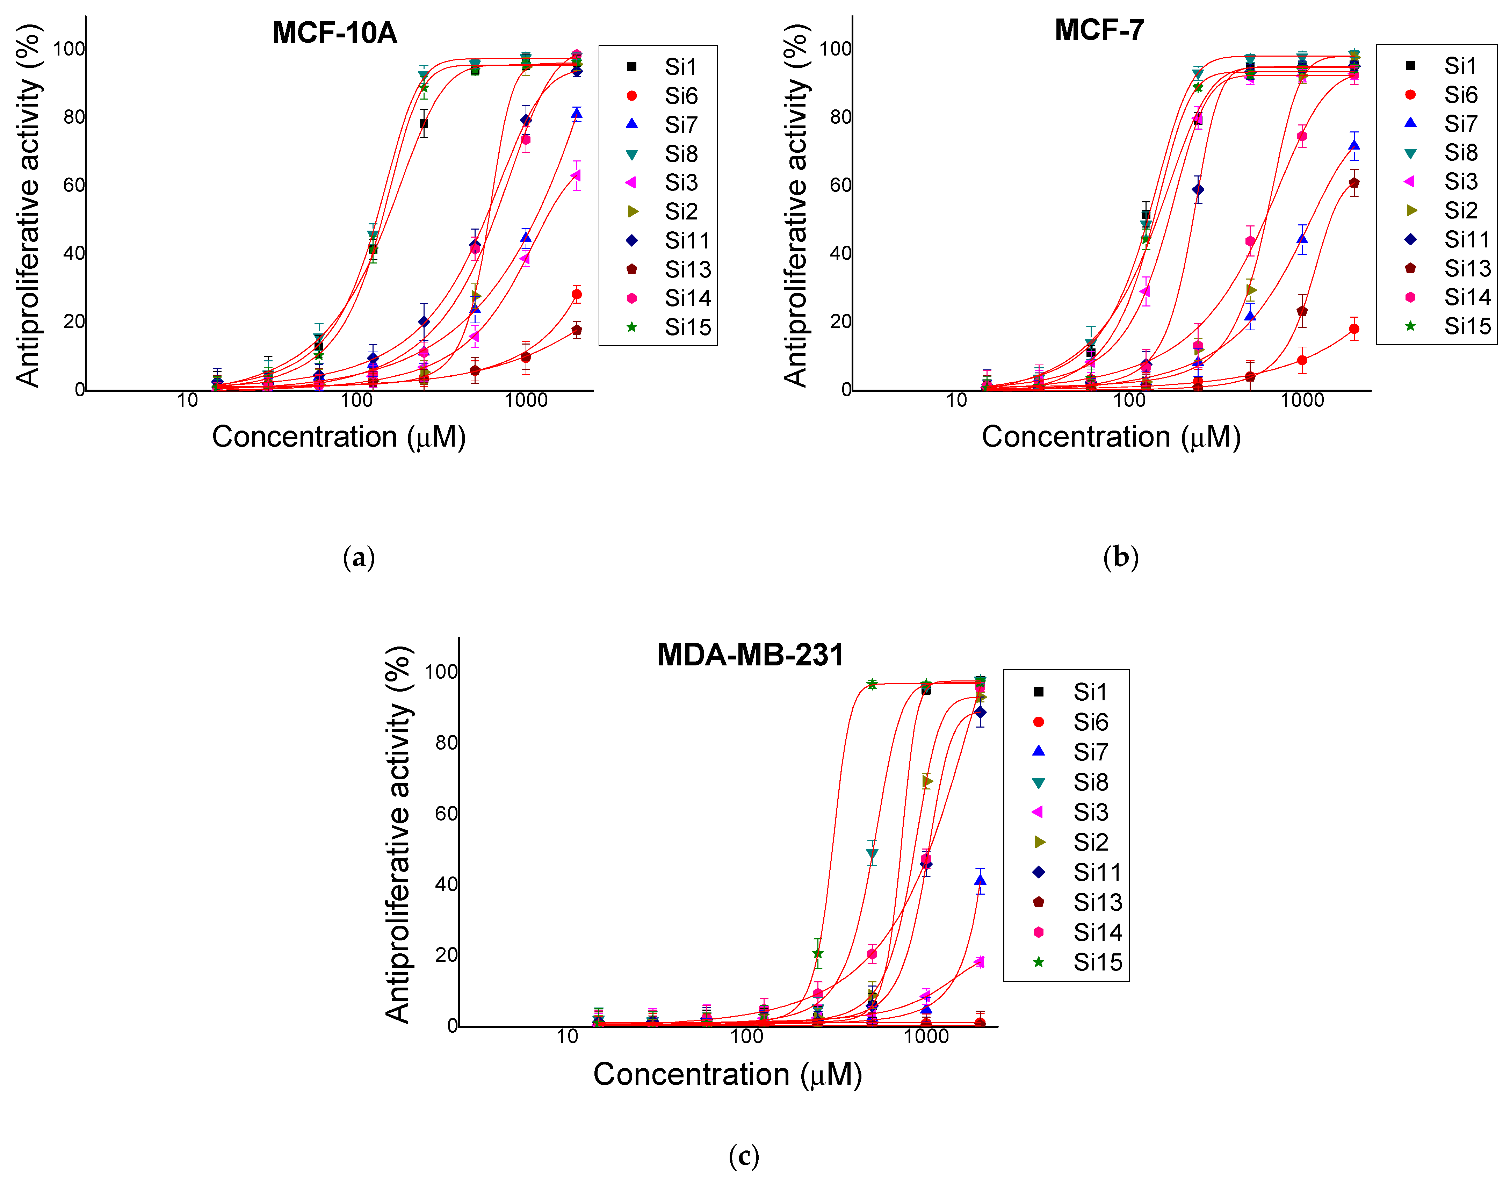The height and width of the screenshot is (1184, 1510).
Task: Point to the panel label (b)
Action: point(1120,557)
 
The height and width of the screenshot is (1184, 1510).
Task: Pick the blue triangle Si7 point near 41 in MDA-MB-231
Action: point(980,880)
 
